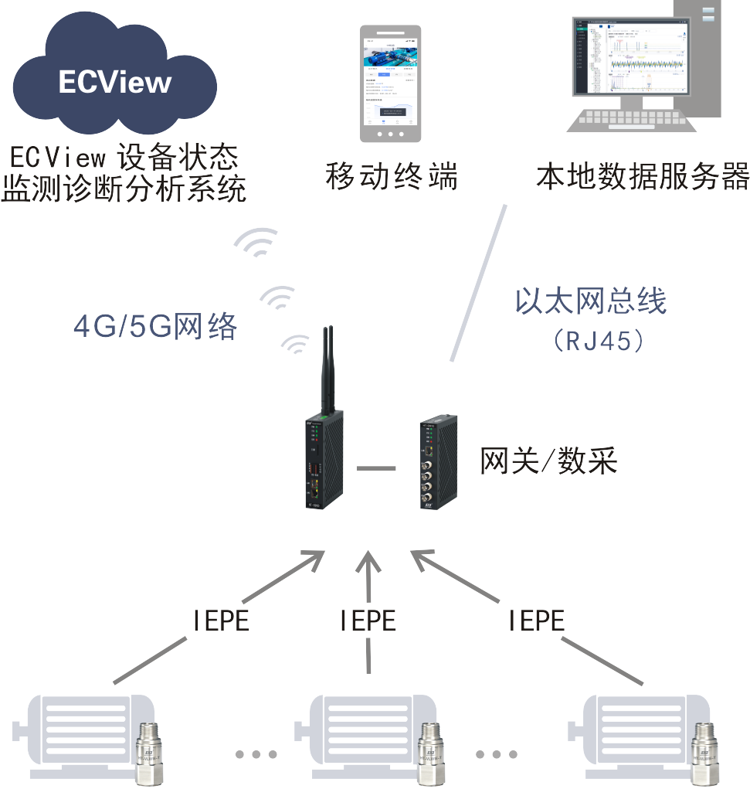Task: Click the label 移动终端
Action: [x=392, y=177]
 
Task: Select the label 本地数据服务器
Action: [x=643, y=177]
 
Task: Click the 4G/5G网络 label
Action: [x=155, y=328]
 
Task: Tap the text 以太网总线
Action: [x=591, y=301]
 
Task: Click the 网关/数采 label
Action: [x=548, y=462]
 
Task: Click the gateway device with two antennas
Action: [x=324, y=456]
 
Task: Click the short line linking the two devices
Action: [x=375, y=468]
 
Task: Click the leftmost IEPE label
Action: [x=220, y=621]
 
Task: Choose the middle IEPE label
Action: [x=368, y=621]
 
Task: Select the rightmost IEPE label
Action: [x=536, y=620]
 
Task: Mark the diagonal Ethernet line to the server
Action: [x=478, y=283]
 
